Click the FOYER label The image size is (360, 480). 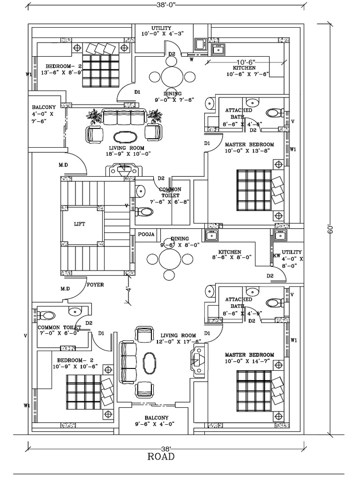tap(95, 284)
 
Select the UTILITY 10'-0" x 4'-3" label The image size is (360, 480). tap(161, 31)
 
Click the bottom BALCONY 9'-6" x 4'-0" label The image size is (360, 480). tap(156, 421)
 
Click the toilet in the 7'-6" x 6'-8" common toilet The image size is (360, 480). tap(145, 212)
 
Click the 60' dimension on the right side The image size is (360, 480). tap(332, 230)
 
